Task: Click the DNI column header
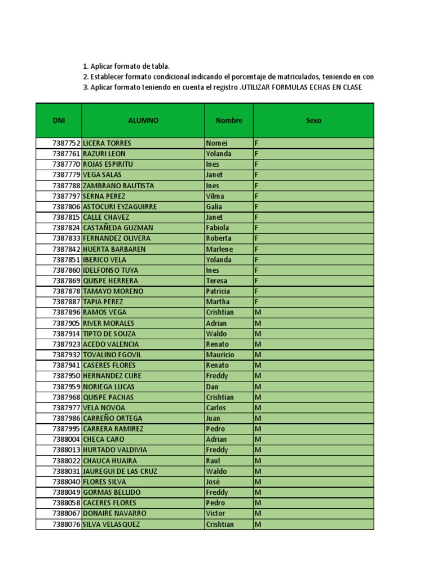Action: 59,121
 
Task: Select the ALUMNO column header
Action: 143,121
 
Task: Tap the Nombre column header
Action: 229,121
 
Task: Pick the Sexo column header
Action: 313,121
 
